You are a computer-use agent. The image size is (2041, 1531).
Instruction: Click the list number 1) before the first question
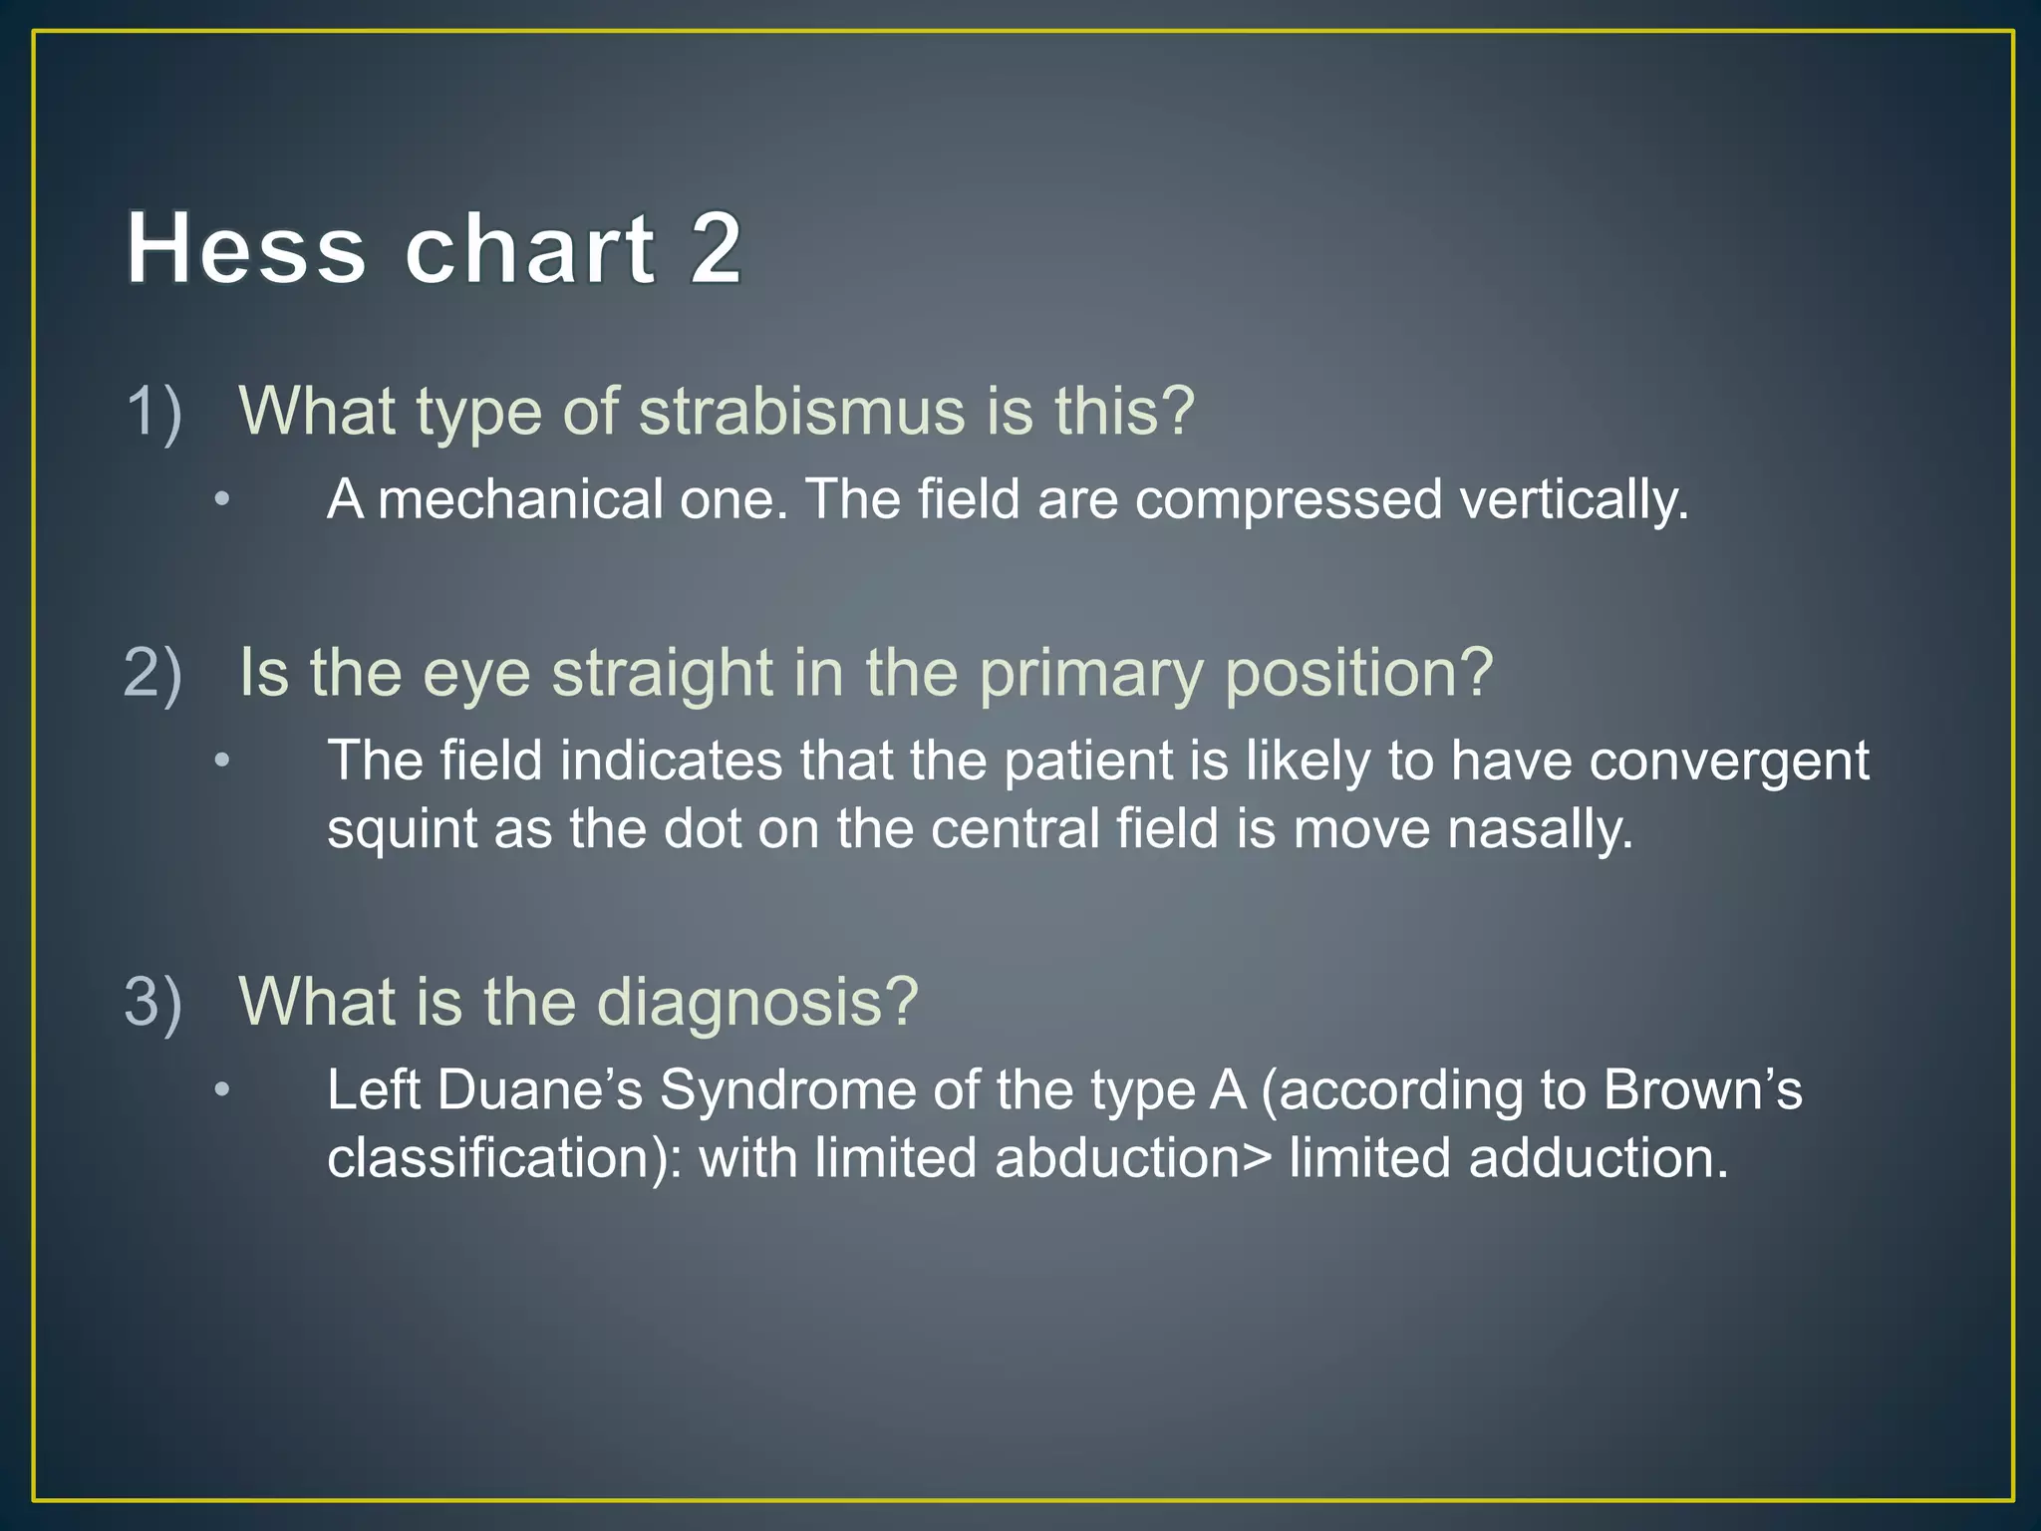pos(153,412)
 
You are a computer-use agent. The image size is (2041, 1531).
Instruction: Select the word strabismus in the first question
pos(801,412)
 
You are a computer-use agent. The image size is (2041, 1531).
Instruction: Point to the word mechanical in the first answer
pos(520,499)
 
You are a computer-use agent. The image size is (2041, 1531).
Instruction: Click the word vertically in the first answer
pos(1574,499)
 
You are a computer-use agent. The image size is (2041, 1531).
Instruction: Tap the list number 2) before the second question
pos(153,673)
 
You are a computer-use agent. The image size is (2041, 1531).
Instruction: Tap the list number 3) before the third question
pos(153,1002)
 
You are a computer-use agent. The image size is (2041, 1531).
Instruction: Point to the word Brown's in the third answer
pos(1702,1089)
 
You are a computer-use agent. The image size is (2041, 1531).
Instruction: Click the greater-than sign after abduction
pos(1257,1159)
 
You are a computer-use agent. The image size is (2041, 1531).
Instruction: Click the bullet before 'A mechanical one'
pos(222,499)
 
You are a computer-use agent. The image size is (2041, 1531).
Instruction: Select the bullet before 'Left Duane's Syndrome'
pos(222,1090)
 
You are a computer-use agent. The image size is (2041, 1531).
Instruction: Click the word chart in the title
pos(529,248)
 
